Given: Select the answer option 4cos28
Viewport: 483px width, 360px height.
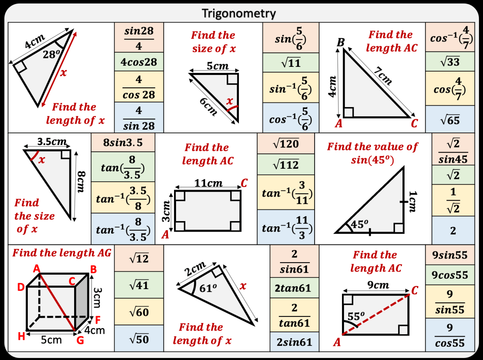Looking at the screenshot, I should (139, 62).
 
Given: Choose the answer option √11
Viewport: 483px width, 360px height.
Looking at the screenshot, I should (290, 63).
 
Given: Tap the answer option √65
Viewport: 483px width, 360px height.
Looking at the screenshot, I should (450, 120).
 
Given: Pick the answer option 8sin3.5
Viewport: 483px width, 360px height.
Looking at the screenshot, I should (123, 143).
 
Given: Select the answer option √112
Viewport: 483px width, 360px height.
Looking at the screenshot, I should (285, 164).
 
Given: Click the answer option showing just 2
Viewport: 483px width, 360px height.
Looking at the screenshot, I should (453, 231).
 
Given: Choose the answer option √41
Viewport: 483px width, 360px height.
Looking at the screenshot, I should (139, 285).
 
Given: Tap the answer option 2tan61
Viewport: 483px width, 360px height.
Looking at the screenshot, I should (294, 288).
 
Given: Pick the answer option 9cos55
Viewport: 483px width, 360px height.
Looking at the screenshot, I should (450, 275).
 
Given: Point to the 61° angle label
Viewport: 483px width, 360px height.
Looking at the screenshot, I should (203, 288).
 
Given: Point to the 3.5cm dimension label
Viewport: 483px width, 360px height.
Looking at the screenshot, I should (51, 142).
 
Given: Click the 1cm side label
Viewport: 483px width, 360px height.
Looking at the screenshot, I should (412, 201).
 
